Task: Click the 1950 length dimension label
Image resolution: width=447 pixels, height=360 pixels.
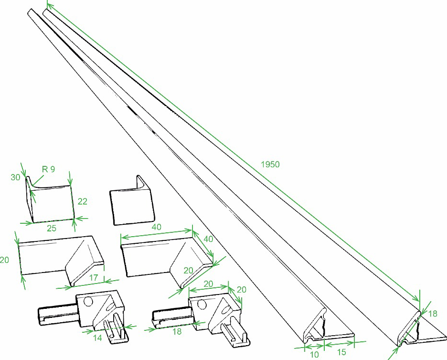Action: (270, 164)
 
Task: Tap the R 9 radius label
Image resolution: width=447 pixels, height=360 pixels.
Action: (48, 169)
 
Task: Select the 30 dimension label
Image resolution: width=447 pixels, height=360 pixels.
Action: (15, 177)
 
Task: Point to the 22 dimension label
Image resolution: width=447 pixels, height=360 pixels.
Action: (83, 202)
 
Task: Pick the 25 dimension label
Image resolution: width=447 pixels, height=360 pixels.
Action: (52, 229)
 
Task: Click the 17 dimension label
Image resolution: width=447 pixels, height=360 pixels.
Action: (94, 278)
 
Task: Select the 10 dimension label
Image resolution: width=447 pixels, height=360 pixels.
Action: (314, 354)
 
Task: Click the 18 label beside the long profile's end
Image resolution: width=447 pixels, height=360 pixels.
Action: (433, 314)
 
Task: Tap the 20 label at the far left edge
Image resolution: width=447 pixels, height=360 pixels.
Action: (4, 260)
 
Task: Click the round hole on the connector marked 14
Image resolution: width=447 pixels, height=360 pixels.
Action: (88, 302)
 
